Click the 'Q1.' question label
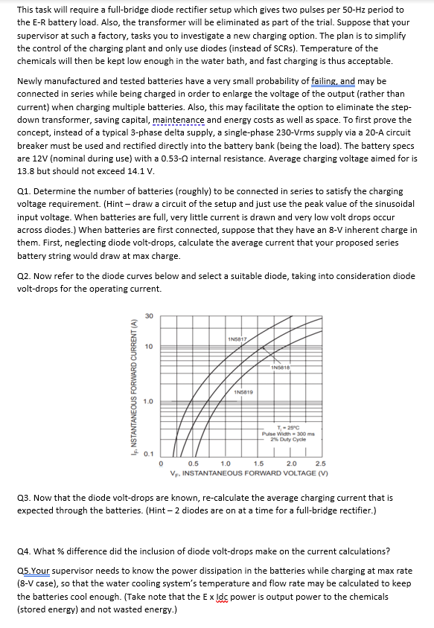(x=23, y=191)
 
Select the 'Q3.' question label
(x=23, y=497)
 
